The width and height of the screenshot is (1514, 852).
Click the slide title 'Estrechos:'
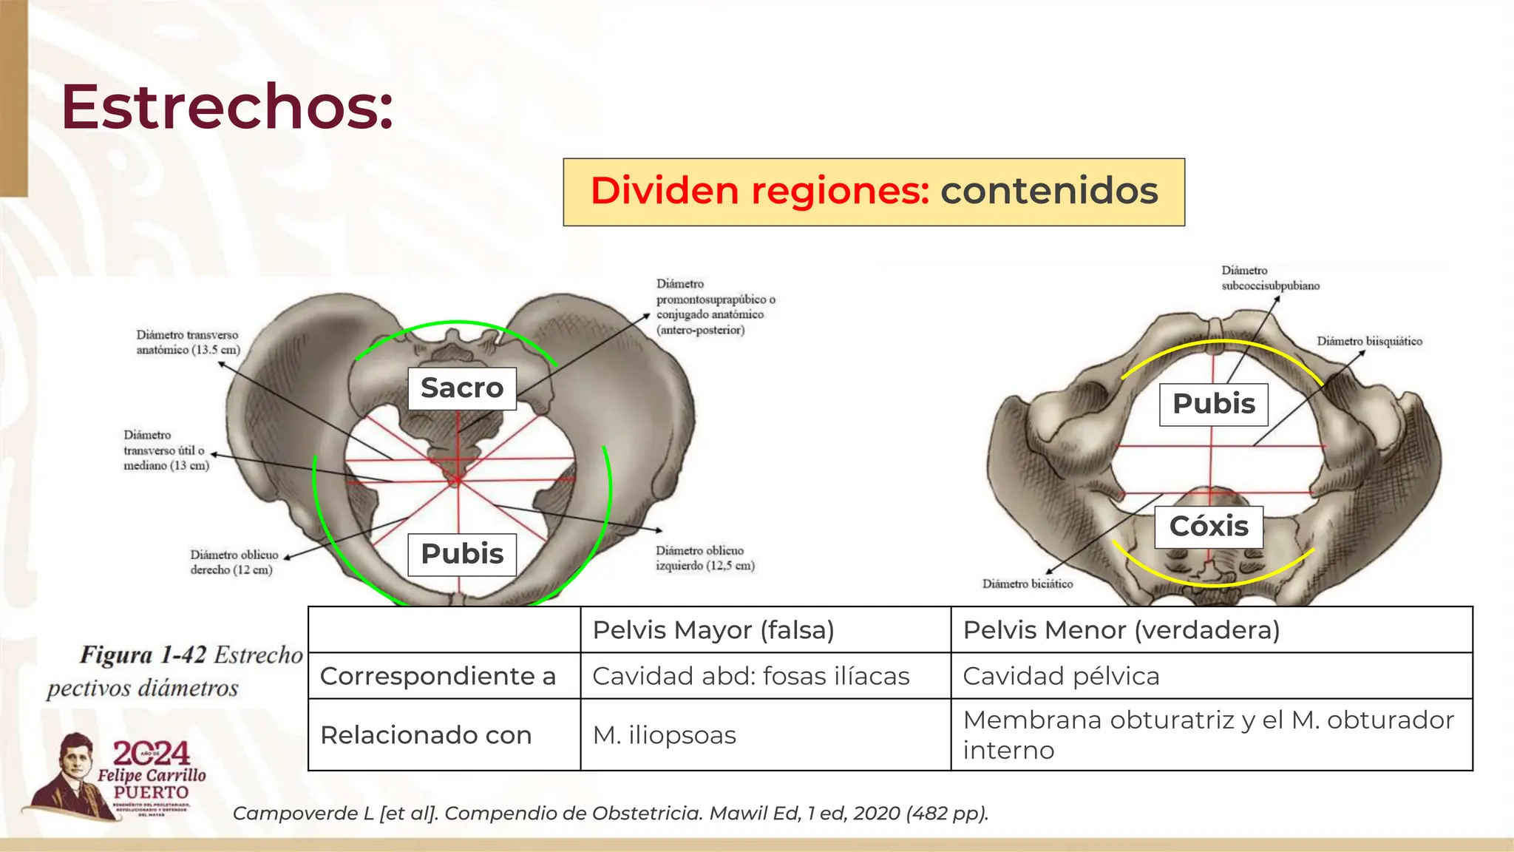(227, 107)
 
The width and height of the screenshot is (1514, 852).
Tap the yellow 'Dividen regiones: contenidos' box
(873, 192)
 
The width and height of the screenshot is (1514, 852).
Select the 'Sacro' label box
(462, 388)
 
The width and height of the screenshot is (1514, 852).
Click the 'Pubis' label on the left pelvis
(462, 554)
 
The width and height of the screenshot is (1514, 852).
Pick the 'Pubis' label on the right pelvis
(1213, 404)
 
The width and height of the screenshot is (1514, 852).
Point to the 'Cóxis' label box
(1209, 527)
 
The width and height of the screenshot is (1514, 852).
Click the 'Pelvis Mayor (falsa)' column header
(713, 630)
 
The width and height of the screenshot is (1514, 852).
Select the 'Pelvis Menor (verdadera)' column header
(1121, 630)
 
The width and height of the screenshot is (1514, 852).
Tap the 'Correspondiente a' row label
(438, 676)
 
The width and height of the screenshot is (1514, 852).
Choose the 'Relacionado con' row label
(426, 735)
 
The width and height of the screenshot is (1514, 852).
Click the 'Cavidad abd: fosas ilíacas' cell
(751, 676)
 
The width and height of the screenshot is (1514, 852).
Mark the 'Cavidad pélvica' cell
(1061, 676)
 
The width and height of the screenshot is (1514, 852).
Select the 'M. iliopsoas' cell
(664, 735)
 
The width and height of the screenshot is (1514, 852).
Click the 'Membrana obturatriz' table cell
(1209, 734)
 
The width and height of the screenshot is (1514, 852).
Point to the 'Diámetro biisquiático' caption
(1369, 341)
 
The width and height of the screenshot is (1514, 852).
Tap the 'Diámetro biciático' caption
(1027, 584)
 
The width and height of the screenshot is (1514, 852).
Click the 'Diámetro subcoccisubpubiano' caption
(1269, 278)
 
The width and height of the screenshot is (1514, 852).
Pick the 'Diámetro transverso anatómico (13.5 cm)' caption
(188, 342)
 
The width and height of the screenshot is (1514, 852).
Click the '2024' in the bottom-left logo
(151, 754)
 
